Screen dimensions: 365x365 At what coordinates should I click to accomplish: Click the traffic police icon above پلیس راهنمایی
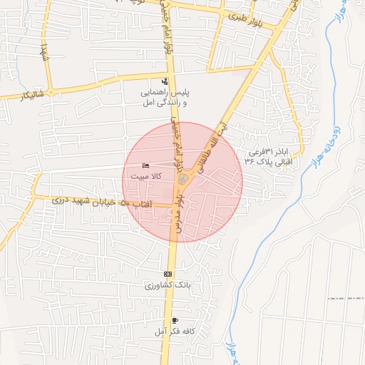pyautogui.click(x=165, y=81)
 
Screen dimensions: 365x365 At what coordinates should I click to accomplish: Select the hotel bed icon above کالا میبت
pyautogui.click(x=147, y=166)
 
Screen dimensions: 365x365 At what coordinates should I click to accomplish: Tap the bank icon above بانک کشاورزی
pyautogui.click(x=168, y=274)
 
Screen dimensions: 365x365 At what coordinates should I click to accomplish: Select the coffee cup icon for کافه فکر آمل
pyautogui.click(x=175, y=321)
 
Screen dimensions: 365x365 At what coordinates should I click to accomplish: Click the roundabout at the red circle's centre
pyautogui.click(x=183, y=178)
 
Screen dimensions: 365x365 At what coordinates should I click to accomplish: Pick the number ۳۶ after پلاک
pyautogui.click(x=250, y=161)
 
